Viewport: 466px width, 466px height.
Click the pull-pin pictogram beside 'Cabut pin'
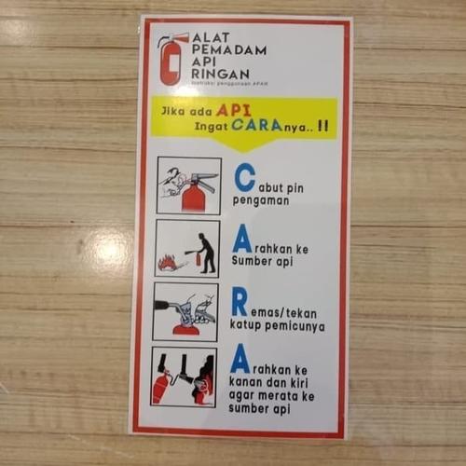point(187,185)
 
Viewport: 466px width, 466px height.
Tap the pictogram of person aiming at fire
point(187,249)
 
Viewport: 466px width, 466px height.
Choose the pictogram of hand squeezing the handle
point(185,311)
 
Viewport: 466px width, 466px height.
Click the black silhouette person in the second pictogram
point(207,252)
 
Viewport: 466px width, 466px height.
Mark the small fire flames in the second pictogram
point(168,263)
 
